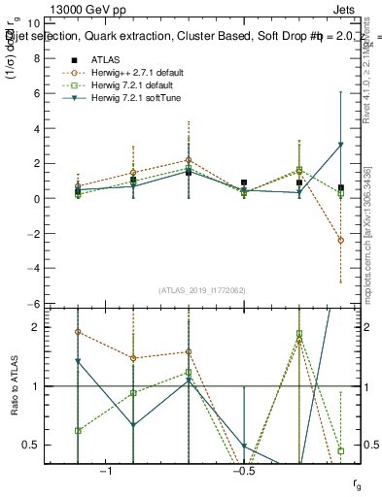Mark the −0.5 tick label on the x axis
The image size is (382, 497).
pos(244,472)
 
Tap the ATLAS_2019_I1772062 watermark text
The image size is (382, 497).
pos(202,290)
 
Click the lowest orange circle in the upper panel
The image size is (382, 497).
pos(340,240)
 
